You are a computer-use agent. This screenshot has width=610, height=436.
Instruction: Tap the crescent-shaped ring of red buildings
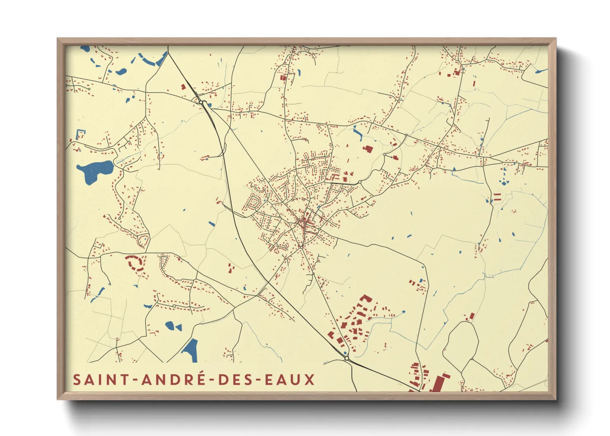point(135,263)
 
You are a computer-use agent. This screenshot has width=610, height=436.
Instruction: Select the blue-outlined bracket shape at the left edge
point(80,134)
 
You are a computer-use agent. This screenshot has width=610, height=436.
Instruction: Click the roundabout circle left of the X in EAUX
point(347,359)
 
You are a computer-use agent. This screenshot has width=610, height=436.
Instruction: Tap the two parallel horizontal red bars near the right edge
point(497,197)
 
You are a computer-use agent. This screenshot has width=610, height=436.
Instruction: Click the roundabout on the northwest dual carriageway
point(202,102)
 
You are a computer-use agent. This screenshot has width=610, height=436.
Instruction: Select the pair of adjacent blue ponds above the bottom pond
point(174,326)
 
